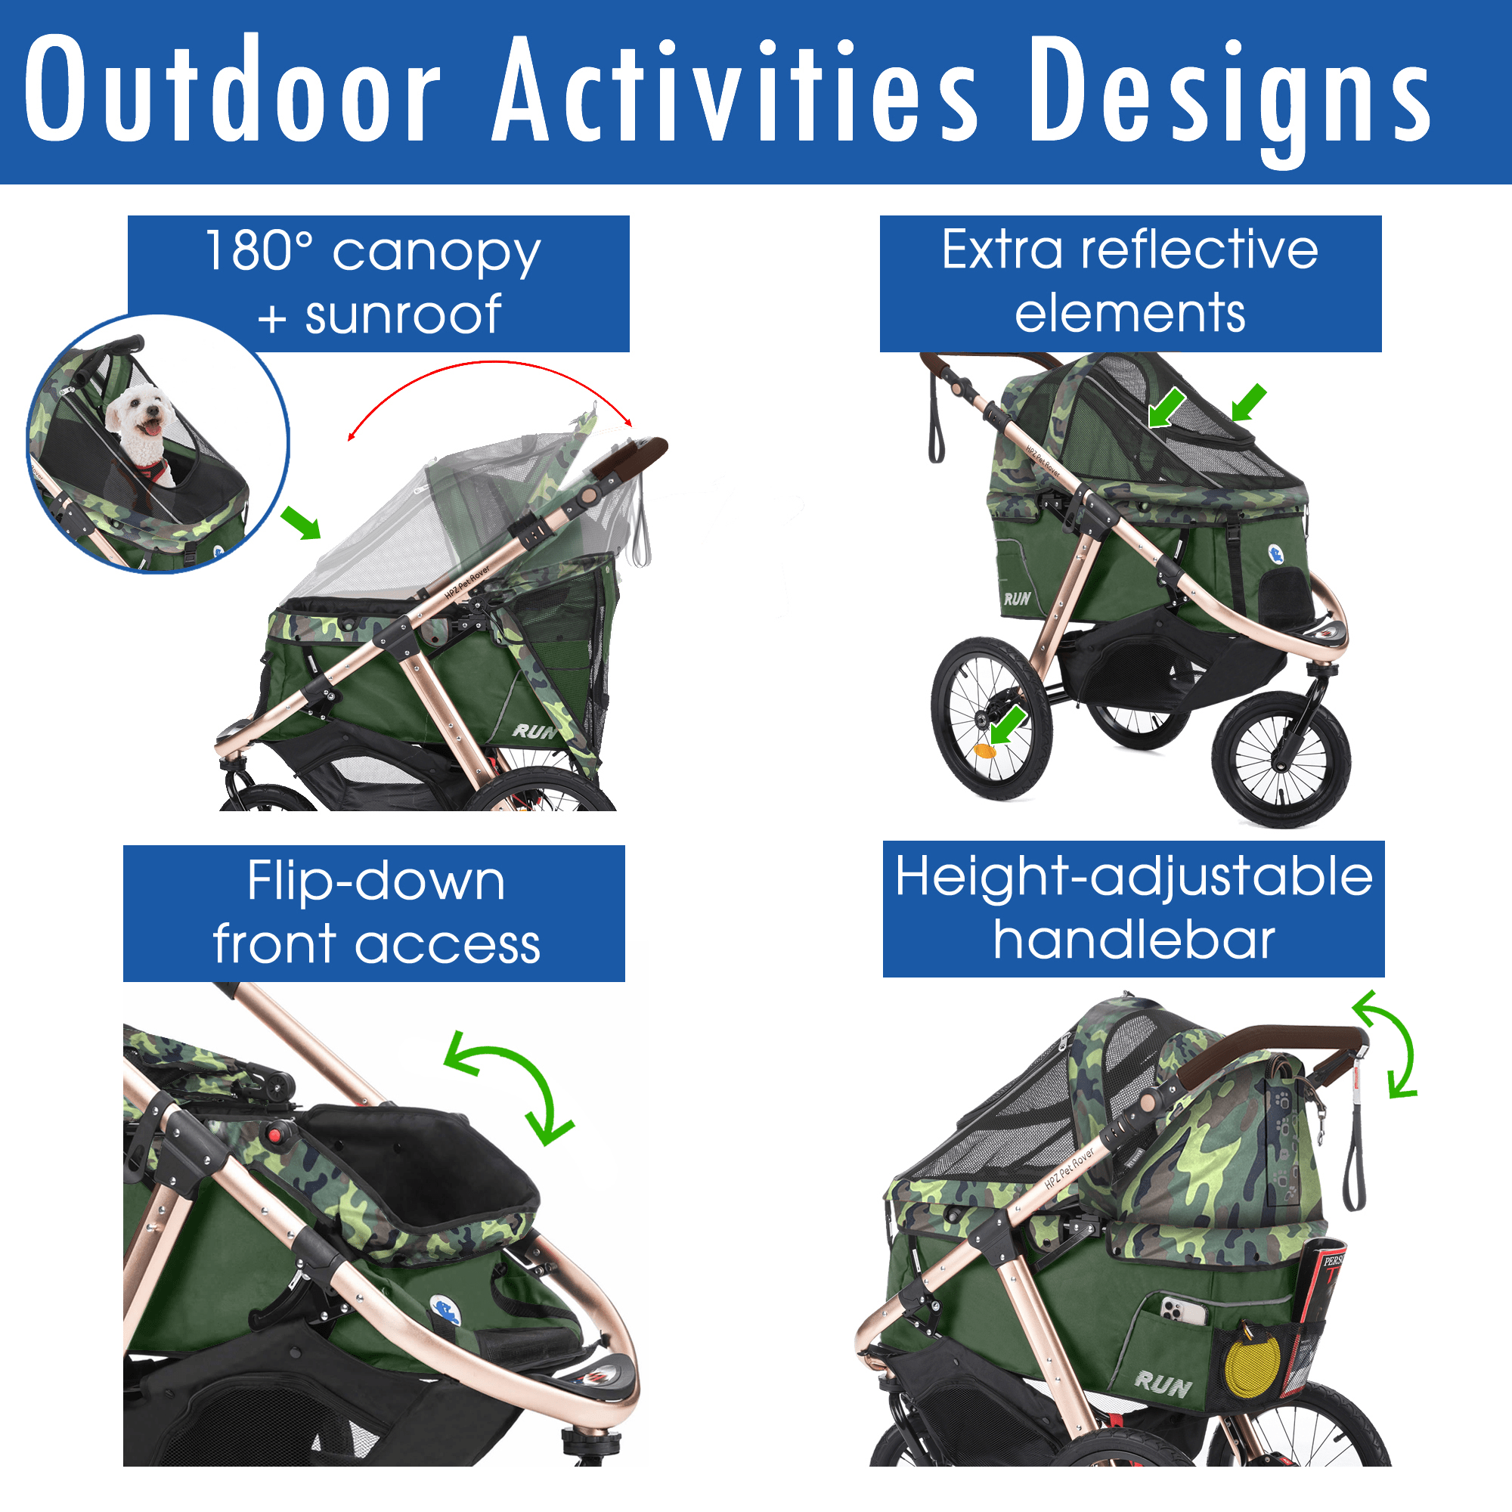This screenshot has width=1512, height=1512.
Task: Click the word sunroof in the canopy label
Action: (403, 314)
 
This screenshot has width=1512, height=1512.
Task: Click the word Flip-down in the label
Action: (376, 881)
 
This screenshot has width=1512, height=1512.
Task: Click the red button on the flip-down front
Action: (274, 1132)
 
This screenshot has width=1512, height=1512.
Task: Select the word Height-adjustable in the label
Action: (1134, 876)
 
